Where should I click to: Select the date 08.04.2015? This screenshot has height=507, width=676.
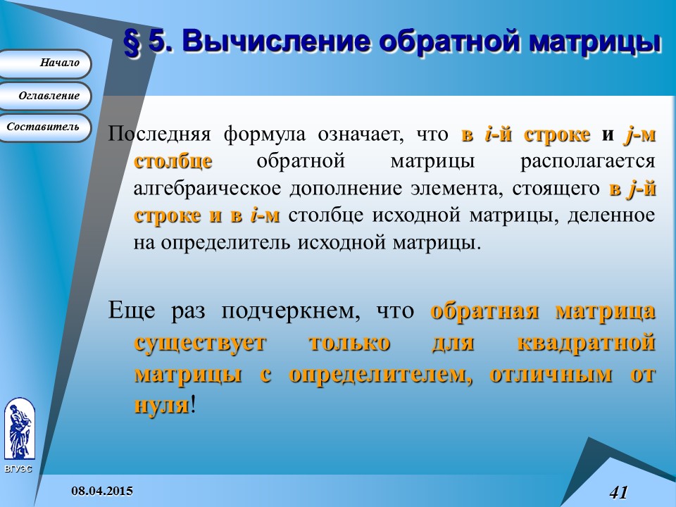pos(102,490)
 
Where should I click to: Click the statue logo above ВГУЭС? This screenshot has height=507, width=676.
pos(19,429)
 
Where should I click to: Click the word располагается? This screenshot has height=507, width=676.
pos(588,161)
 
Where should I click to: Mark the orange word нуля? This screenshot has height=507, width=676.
pos(161,405)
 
